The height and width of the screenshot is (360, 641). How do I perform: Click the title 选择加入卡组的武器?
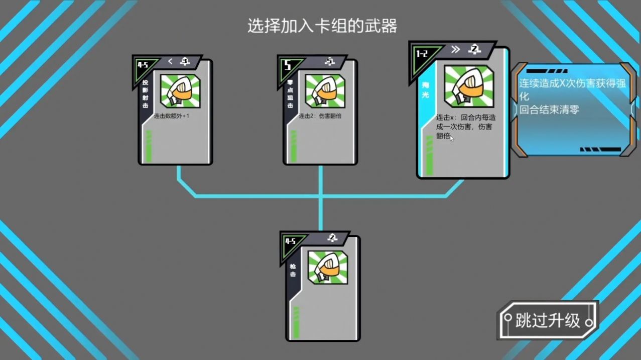coord(322,26)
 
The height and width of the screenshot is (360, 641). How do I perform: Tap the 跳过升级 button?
coord(548,320)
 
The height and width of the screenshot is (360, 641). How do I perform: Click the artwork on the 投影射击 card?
coord(180,91)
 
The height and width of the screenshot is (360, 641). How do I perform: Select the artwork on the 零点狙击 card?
coord(325,91)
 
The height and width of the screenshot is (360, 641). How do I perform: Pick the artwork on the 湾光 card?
coord(469,86)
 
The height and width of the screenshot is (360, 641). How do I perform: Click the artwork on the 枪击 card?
coord(328,267)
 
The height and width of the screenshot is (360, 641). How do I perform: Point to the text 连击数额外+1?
coord(172,116)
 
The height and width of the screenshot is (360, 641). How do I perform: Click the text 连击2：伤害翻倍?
coord(320,116)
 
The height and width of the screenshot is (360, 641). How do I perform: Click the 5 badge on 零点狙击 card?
coord(288,65)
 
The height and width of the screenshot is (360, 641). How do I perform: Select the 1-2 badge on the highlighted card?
coord(423,53)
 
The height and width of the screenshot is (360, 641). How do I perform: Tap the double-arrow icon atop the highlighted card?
coord(455,49)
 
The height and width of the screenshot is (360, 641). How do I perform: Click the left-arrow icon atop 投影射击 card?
coord(170,61)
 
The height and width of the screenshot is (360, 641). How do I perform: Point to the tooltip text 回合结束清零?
coord(549,109)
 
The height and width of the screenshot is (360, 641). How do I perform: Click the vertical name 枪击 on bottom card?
coord(293,271)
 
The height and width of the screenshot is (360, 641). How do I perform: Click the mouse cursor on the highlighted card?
coord(451,138)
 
